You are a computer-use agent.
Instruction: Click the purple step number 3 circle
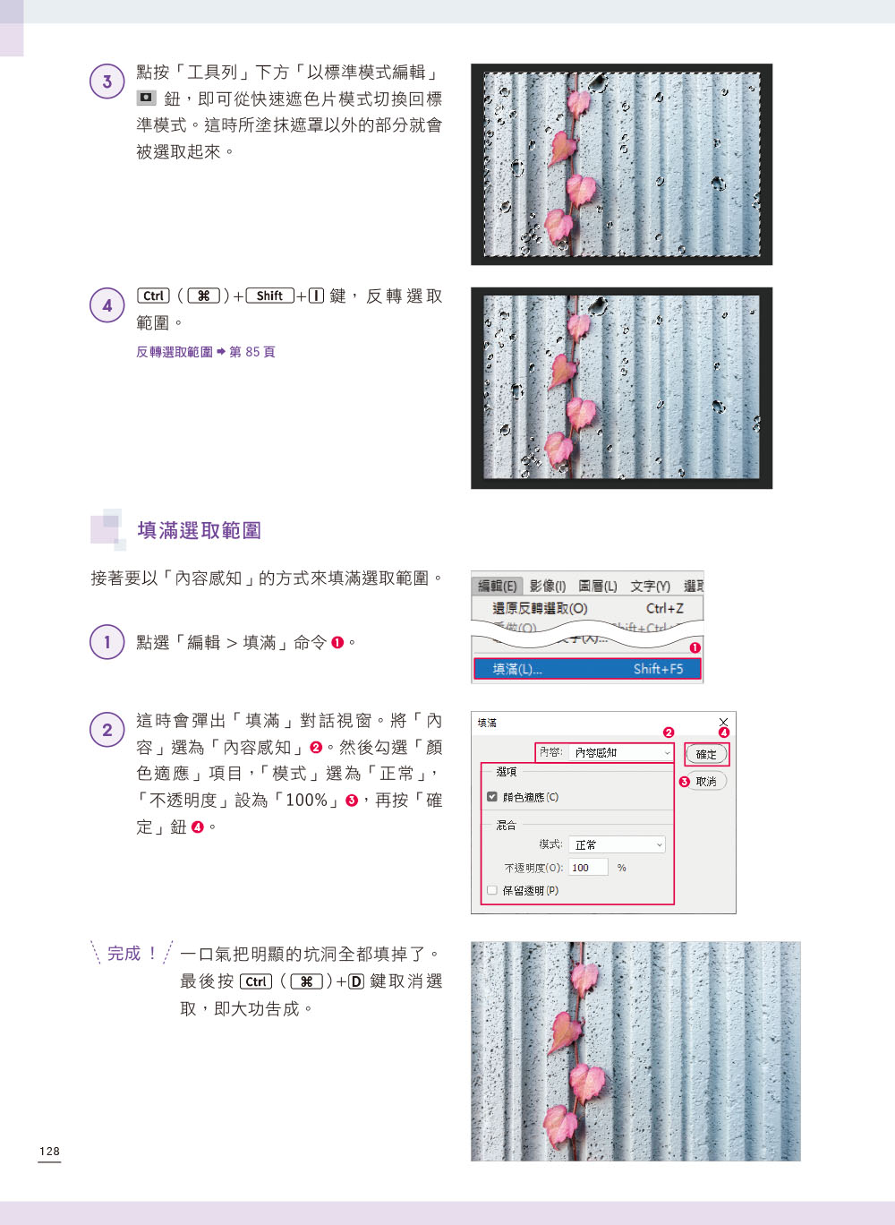(107, 81)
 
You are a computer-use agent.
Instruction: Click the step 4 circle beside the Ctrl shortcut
(107, 305)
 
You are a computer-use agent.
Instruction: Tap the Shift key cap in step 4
(269, 296)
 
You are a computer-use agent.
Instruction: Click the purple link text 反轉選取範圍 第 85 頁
(206, 352)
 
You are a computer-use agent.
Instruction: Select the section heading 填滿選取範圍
(199, 530)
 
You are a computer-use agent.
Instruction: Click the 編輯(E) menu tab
(497, 586)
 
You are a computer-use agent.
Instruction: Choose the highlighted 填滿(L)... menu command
(587, 668)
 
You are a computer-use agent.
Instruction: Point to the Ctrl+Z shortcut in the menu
(664, 608)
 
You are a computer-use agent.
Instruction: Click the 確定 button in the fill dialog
(706, 754)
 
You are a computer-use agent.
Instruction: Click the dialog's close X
(723, 722)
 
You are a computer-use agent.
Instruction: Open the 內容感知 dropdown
(620, 752)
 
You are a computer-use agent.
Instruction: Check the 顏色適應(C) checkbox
(492, 796)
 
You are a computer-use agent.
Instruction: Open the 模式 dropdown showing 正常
(617, 845)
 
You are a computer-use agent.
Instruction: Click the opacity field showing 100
(588, 868)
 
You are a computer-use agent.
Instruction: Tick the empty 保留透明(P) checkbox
(492, 890)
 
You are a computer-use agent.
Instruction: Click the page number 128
(49, 1152)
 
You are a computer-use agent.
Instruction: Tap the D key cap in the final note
(356, 981)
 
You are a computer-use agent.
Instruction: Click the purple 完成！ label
(132, 954)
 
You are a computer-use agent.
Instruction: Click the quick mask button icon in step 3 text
(146, 98)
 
